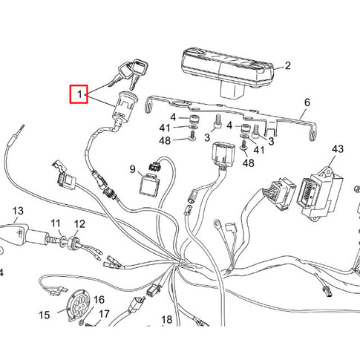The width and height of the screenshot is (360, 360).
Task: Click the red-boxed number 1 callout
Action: (79, 94)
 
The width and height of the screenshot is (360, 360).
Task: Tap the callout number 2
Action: (287, 66)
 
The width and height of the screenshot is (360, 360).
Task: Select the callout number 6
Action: (307, 102)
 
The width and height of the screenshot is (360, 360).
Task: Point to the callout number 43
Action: (338, 149)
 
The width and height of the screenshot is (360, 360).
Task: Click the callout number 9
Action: (133, 169)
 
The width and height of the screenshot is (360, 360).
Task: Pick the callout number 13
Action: (18, 211)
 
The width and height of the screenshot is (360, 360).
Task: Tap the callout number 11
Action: (56, 223)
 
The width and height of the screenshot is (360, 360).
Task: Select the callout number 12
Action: (79, 224)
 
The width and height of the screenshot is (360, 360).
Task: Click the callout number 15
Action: (45, 315)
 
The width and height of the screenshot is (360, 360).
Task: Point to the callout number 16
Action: (99, 300)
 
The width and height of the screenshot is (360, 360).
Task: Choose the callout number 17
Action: (104, 314)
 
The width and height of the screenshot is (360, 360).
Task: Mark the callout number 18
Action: (167, 320)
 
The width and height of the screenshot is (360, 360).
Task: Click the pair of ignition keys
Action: (128, 73)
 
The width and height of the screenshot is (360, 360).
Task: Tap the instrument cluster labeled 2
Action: (227, 72)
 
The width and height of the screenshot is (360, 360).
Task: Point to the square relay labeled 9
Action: (149, 184)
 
